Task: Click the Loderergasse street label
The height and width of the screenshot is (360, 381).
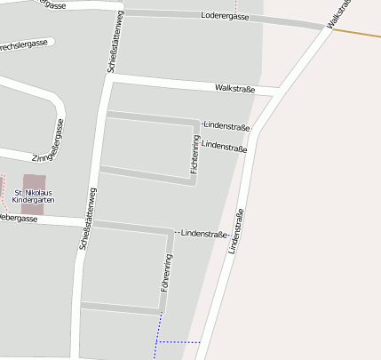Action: (x=225, y=16)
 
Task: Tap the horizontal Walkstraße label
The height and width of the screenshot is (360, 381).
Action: (x=235, y=88)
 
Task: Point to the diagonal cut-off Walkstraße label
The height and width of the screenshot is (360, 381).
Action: (x=341, y=14)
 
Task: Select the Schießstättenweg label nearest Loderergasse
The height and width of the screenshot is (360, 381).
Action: (x=115, y=42)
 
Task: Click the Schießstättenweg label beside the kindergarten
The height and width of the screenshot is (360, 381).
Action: (x=86, y=220)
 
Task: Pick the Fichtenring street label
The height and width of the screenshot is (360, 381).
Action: (x=194, y=154)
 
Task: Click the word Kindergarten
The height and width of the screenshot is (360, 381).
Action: (x=34, y=200)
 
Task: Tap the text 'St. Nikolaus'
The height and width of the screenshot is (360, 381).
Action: (x=34, y=192)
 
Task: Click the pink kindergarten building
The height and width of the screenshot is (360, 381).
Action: (x=34, y=180)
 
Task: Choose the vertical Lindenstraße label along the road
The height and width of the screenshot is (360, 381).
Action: (x=235, y=232)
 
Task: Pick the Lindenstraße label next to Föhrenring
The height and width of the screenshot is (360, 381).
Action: (x=203, y=233)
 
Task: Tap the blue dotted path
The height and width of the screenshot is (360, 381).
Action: (x=178, y=341)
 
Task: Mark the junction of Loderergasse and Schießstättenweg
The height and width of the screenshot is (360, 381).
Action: (x=124, y=11)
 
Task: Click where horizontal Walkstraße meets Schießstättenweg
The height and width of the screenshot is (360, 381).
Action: (x=110, y=78)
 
